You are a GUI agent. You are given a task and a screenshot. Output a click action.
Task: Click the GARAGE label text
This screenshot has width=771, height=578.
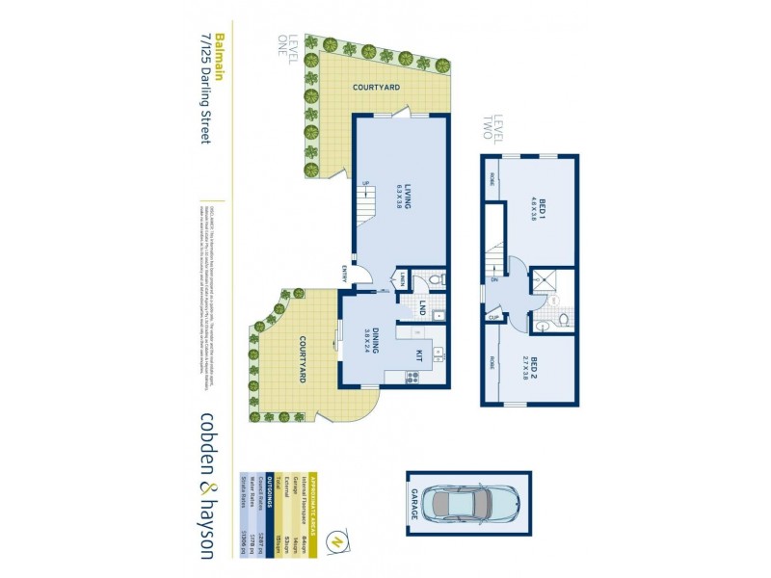coord(415,503)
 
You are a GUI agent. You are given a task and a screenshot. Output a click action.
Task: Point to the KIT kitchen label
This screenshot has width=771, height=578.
coord(418,355)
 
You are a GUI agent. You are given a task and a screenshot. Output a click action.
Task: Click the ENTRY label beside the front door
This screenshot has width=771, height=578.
coord(343,274)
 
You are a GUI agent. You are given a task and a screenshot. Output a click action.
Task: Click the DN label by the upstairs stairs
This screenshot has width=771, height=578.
coord(493,280)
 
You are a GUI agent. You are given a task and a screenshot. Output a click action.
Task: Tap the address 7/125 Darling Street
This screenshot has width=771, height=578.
coord(204,88)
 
